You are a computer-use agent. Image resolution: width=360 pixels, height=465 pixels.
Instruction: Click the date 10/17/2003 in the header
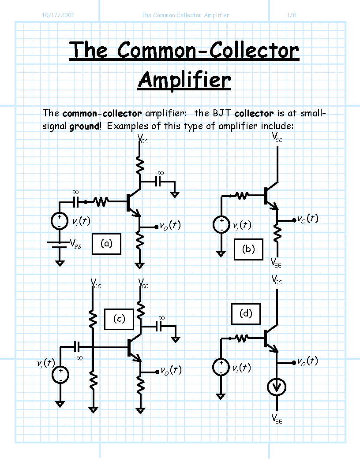tap(58, 15)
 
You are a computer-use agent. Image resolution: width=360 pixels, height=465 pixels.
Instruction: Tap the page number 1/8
tap(292, 15)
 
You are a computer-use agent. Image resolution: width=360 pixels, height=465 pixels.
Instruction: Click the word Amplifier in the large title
tap(184, 80)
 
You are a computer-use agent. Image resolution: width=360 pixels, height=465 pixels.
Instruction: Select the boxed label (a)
tap(107, 244)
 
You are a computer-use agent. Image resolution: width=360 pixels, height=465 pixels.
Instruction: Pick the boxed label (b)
tap(248, 249)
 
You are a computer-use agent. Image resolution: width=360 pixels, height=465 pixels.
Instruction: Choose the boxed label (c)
tap(119, 319)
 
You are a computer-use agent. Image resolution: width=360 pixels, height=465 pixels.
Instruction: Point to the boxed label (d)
tap(246, 314)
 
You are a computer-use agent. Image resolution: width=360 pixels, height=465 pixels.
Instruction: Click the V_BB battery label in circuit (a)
tap(76, 244)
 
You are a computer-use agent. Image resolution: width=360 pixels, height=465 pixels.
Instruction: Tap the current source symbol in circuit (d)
tap(277, 387)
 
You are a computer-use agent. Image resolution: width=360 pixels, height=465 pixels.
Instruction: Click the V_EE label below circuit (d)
tap(277, 419)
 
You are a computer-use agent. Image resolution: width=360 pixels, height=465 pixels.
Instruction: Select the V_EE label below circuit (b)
tap(276, 263)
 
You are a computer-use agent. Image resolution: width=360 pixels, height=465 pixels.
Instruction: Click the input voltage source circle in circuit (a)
tap(60, 221)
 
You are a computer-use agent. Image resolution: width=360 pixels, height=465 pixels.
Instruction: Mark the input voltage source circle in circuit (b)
tap(221, 224)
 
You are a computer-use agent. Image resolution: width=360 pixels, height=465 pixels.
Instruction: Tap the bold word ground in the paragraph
tap(84, 126)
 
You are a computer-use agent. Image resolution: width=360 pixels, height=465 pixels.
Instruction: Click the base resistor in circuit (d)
tap(242, 338)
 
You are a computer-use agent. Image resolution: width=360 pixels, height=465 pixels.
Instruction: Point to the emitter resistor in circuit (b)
tap(277, 233)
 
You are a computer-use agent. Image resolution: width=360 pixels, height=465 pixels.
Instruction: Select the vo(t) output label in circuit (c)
tap(171, 370)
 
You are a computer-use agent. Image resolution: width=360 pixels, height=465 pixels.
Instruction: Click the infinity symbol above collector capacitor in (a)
tap(161, 173)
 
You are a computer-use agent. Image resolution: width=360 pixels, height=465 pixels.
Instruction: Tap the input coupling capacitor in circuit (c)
tap(77, 346)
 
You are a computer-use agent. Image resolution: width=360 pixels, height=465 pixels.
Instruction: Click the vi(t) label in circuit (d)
tap(242, 368)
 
